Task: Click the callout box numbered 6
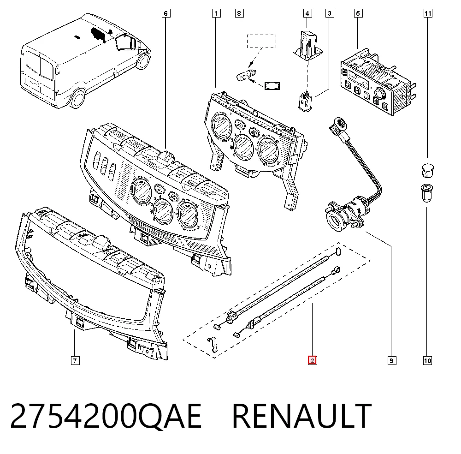pyautogui.click(x=166, y=13)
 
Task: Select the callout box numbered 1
pyautogui.click(x=216, y=13)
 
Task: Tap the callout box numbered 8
pyautogui.click(x=239, y=13)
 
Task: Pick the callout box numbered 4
pyautogui.click(x=307, y=13)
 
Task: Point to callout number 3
pyautogui.click(x=330, y=13)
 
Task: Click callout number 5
pyautogui.click(x=358, y=13)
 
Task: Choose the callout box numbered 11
pyautogui.click(x=428, y=13)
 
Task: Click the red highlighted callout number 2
pyautogui.click(x=312, y=360)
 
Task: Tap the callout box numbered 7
pyautogui.click(x=75, y=360)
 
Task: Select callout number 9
pyautogui.click(x=391, y=360)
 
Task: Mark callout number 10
pyautogui.click(x=427, y=360)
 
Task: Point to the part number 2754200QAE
pyautogui.click(x=106, y=416)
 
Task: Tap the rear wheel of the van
pyautogui.click(x=77, y=99)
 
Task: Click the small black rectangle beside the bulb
pyautogui.click(x=272, y=86)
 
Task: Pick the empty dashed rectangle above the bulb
pyautogui.click(x=261, y=41)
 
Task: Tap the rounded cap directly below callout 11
pyautogui.click(x=427, y=171)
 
